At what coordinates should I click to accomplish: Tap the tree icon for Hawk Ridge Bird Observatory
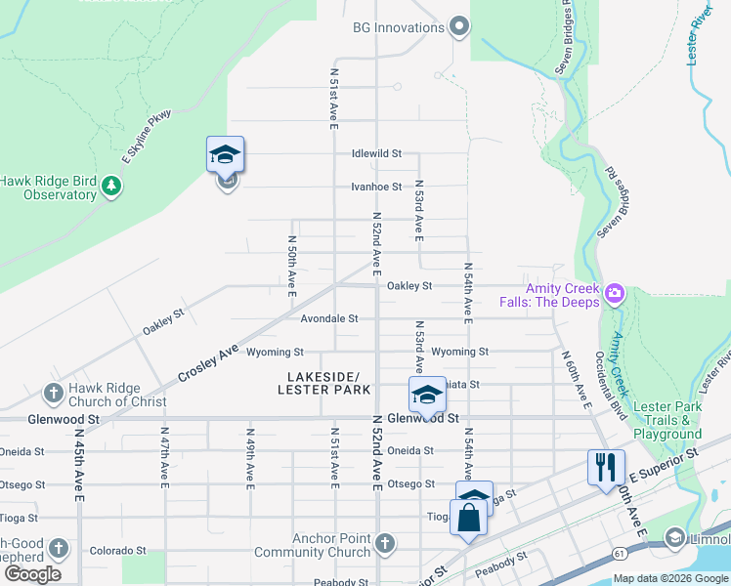coord(111,187)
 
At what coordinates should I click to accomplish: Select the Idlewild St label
coord(377,153)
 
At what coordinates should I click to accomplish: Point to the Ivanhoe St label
coord(377,187)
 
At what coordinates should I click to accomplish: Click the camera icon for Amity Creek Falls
coord(615,292)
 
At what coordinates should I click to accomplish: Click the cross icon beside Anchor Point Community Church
coord(385,543)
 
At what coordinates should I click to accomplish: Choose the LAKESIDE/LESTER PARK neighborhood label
coord(323,383)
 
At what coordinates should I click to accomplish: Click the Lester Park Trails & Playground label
coord(667,420)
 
